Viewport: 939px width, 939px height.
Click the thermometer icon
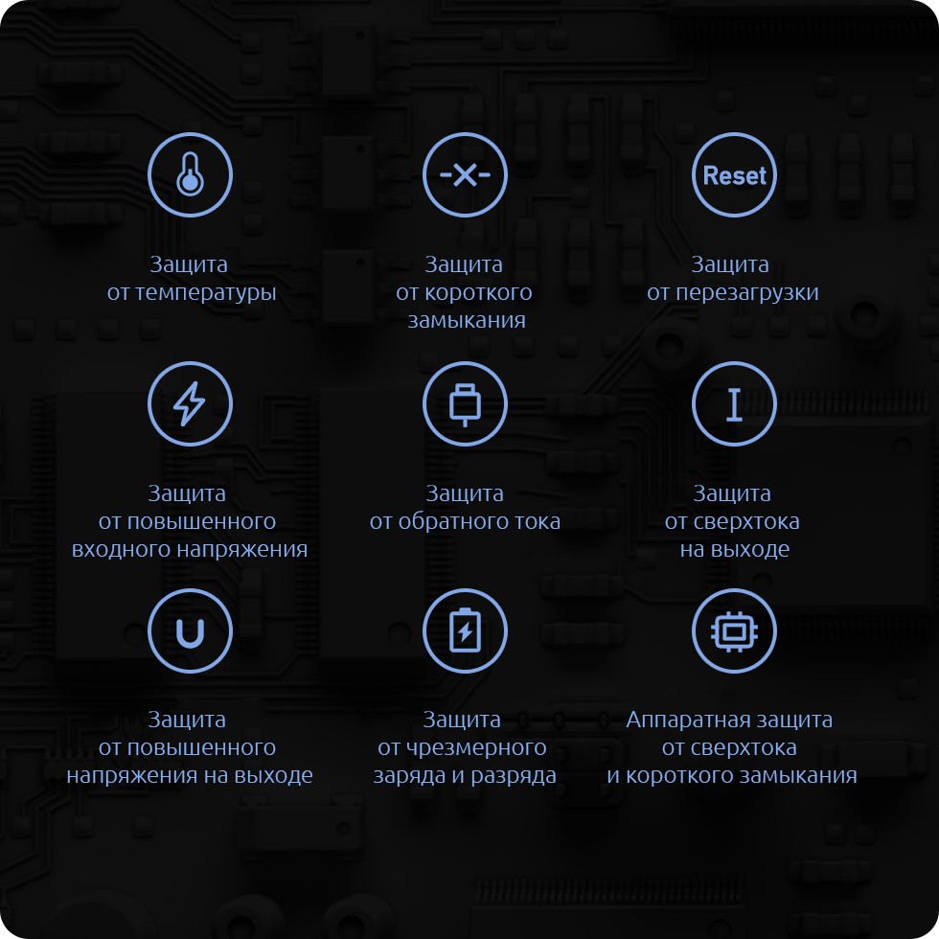pos(190,174)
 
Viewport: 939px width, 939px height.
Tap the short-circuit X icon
pos(465,174)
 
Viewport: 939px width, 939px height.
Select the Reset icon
pos(734,174)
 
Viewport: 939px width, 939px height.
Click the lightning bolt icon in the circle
pos(190,403)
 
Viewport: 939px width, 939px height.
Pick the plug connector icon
pos(465,404)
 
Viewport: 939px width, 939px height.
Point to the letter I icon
pos(734,404)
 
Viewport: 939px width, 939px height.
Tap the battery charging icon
pos(465,630)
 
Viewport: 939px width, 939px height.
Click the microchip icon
pos(734,631)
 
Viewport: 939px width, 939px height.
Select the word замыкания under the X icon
pos(467,320)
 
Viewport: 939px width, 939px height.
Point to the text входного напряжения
pos(190,549)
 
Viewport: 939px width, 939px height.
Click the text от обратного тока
pos(465,521)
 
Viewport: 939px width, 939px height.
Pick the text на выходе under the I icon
pos(734,549)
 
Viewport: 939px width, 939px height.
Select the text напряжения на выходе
pos(190,775)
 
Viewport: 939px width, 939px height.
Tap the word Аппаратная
pos(678,720)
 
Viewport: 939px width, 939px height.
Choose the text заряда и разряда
pos(465,775)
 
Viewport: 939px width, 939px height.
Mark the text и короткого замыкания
pos(732,775)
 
